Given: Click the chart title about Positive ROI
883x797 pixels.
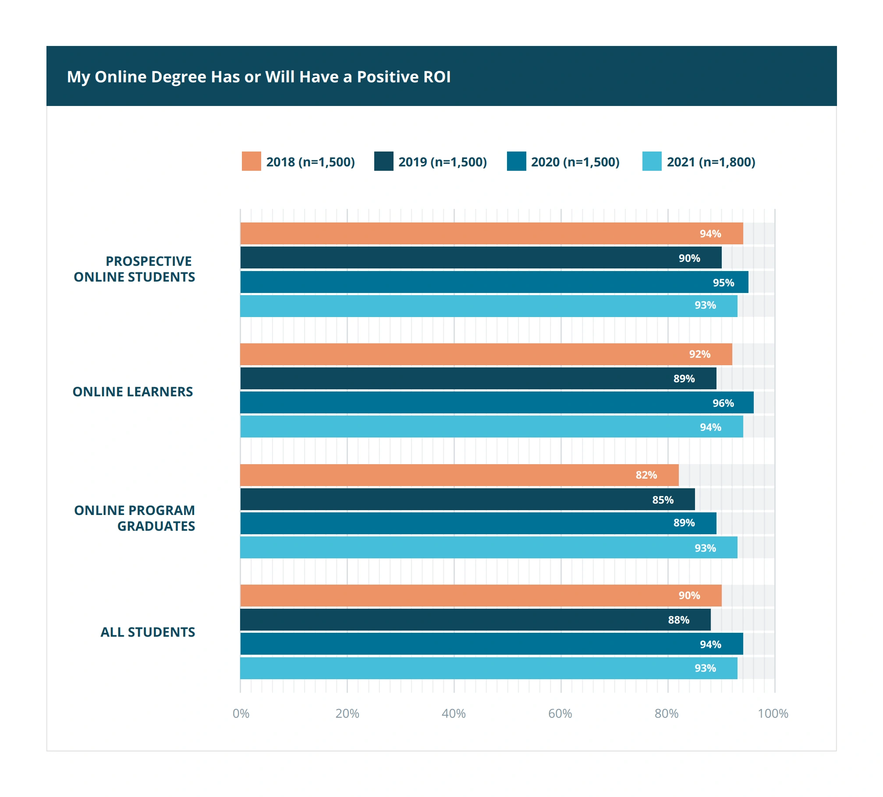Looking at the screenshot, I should point(259,77).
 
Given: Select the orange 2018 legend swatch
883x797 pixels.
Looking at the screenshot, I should point(251,161).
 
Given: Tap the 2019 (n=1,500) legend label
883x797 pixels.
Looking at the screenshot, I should point(443,162).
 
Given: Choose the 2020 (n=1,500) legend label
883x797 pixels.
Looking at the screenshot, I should point(575,162).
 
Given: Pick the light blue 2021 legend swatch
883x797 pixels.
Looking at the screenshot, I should point(652,161).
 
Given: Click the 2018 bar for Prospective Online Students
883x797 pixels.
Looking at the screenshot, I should point(491,233).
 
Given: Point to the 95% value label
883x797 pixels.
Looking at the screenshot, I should point(723,283).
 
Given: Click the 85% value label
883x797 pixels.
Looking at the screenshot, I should point(663,500).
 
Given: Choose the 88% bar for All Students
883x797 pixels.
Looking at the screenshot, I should point(475,620).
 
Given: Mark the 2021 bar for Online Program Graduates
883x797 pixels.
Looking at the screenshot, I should point(489,548).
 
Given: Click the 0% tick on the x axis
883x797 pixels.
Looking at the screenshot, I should point(241,714).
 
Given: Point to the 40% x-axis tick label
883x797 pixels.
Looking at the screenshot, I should point(454,714).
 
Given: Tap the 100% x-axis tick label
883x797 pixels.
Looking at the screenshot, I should point(773,714).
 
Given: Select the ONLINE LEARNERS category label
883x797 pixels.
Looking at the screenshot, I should point(133,392).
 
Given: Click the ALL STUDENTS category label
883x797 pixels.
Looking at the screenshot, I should point(148,632).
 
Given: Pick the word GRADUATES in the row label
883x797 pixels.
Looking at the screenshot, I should point(156,526).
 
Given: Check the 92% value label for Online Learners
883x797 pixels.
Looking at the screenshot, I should point(699,354).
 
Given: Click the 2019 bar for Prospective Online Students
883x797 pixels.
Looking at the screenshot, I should point(481,258).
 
